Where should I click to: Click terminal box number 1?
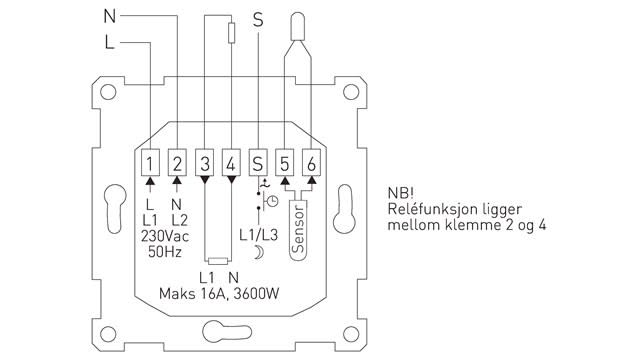pyautogui.click(x=150, y=163)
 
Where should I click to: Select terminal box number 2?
pyautogui.click(x=177, y=163)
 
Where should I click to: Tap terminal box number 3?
pyautogui.click(x=204, y=163)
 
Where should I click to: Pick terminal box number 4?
pyautogui.click(x=231, y=163)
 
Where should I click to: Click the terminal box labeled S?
pyautogui.click(x=258, y=163)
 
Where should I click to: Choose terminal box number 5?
pyautogui.click(x=284, y=163)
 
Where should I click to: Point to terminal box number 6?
pyautogui.click(x=311, y=163)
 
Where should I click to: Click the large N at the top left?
pyautogui.click(x=110, y=16)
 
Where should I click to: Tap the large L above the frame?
pyautogui.click(x=109, y=42)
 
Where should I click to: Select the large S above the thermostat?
pyautogui.click(x=258, y=20)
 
